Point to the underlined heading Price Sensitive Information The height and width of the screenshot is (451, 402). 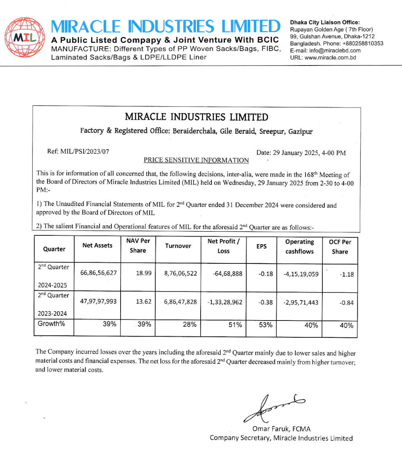[196, 160]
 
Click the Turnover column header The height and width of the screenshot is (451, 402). [178, 246]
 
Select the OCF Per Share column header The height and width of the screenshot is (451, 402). [340, 247]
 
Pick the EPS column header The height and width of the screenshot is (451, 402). [261, 246]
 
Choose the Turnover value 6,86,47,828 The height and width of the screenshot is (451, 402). [180, 302]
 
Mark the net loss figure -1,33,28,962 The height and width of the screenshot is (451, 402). [225, 302]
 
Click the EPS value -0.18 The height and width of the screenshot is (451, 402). [265, 274]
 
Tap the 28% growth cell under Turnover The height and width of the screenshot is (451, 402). [189, 324]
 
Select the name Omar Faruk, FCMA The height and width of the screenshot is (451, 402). [281, 429]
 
